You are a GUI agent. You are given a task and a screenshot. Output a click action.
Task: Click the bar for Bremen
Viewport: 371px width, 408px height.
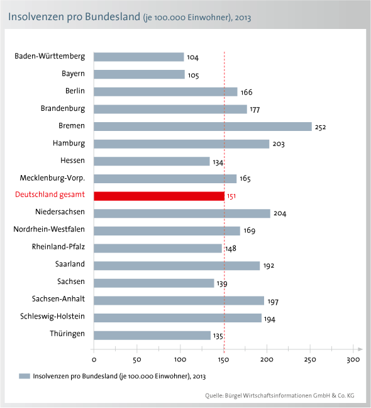tap(202, 127)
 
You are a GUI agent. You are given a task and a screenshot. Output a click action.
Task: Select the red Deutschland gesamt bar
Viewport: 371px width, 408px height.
tap(159, 196)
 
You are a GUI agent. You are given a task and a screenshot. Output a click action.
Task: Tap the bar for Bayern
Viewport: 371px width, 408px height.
tap(139, 74)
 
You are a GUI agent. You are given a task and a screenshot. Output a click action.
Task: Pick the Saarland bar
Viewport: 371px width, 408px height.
tap(177, 266)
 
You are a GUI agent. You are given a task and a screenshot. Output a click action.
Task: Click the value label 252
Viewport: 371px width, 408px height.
tap(320, 127)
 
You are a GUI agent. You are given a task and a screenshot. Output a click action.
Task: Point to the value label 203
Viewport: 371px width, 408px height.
tap(279, 144)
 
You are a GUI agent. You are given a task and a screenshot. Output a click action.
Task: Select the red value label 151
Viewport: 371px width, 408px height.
tap(231, 196)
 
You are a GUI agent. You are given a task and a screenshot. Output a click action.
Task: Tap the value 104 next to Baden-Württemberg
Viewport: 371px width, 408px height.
tap(193, 57)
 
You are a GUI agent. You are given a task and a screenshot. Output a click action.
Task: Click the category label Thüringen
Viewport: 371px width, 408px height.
tap(67, 333)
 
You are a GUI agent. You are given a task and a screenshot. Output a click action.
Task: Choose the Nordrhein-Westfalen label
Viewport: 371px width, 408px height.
tap(49, 229)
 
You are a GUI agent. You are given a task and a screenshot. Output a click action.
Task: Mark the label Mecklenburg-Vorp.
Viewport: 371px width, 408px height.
tap(52, 178)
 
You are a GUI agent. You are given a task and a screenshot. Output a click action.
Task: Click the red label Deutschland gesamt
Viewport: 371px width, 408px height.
tap(50, 195)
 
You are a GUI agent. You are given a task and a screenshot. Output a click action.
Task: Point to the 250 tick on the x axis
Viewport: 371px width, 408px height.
tap(310, 360)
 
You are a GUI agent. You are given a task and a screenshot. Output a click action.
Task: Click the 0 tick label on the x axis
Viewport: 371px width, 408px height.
tap(94, 360)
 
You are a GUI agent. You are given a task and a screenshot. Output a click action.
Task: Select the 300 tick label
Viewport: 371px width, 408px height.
tap(353, 360)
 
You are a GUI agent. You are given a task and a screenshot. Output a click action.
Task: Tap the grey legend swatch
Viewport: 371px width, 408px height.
tap(25, 376)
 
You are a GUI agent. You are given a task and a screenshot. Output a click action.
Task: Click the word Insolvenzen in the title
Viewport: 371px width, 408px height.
tap(36, 16)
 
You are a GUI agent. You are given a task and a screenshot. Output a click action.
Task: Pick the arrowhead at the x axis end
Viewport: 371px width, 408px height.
tap(360, 349)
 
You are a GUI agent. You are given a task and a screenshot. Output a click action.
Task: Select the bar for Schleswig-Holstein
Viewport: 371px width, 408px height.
tap(178, 318)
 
